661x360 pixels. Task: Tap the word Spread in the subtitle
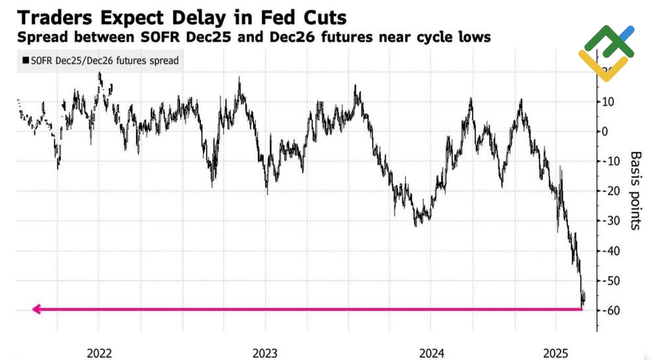click(x=41, y=37)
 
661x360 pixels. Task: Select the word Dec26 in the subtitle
click(x=285, y=37)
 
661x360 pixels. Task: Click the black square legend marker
click(x=25, y=60)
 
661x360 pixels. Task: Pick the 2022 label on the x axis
click(x=100, y=353)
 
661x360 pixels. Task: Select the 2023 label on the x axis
click(x=266, y=353)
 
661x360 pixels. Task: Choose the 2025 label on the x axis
click(x=555, y=353)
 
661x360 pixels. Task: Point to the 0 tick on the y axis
click(x=603, y=131)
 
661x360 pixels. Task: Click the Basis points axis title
click(x=635, y=190)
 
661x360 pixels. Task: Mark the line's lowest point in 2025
click(x=582, y=306)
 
